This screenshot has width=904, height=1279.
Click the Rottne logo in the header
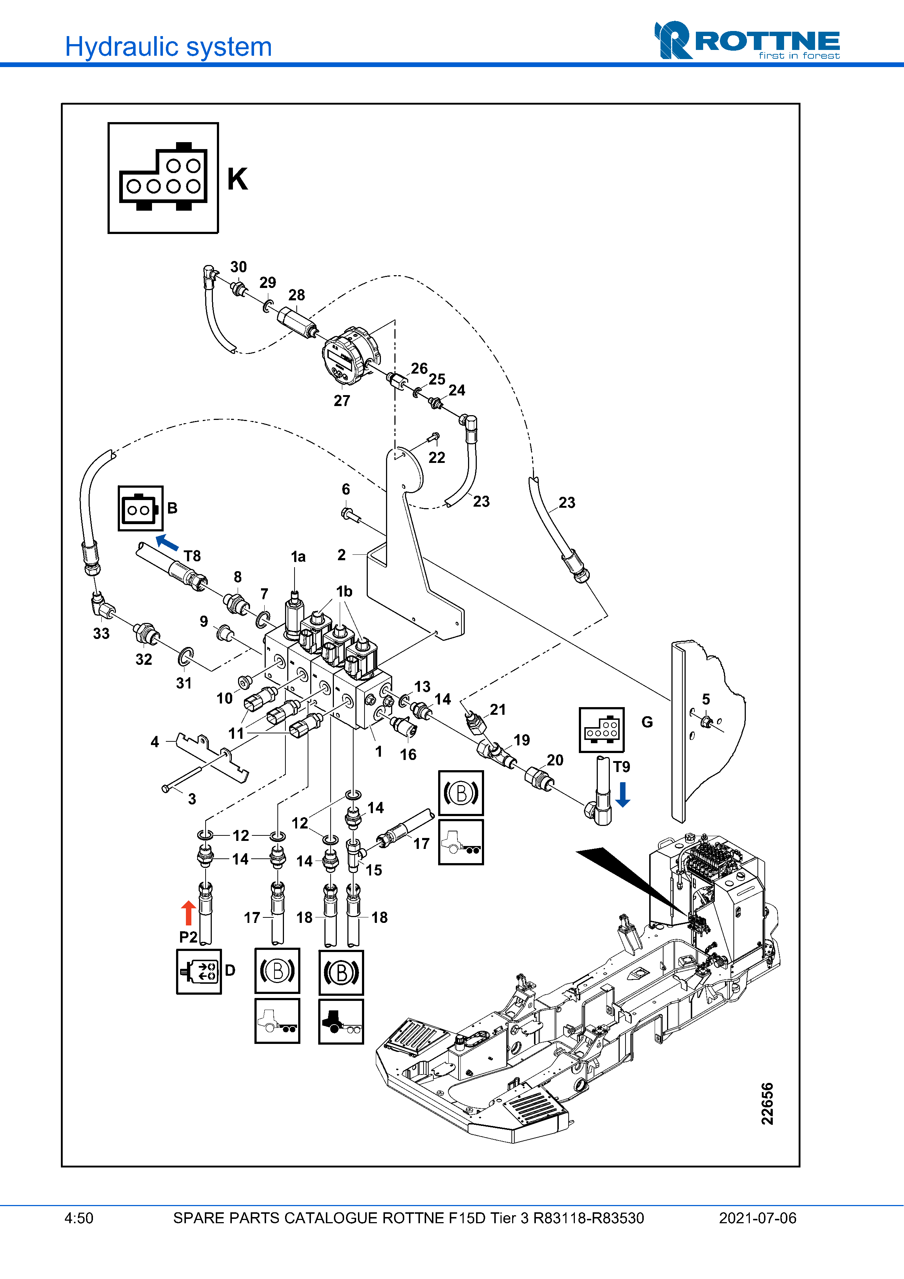(747, 40)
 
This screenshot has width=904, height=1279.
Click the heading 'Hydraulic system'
(168, 47)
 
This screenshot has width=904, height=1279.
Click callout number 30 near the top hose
(238, 267)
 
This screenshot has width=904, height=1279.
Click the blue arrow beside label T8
(167, 542)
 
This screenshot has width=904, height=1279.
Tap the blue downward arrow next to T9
(623, 794)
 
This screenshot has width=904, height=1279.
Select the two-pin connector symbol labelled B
(140, 508)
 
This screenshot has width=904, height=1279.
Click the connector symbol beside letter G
(601, 730)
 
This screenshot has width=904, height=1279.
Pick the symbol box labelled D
(199, 971)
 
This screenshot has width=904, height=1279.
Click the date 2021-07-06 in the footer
(757, 1218)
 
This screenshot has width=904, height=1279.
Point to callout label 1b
(344, 591)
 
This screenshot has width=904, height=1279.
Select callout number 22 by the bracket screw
(437, 457)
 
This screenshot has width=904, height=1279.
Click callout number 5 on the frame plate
(706, 699)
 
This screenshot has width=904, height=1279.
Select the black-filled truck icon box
(341, 1021)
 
